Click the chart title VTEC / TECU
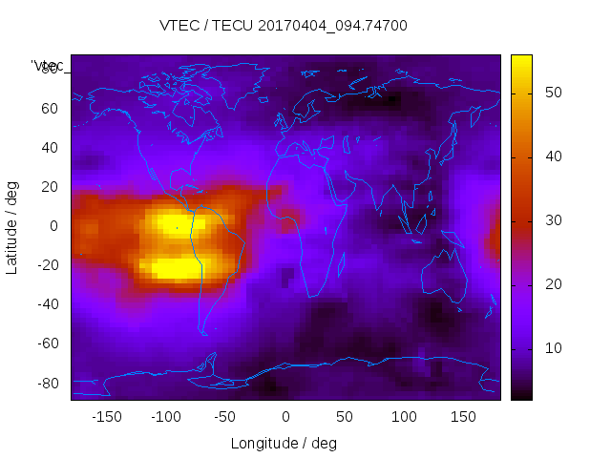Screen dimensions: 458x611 (x=284, y=26)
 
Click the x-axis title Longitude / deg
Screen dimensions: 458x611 (x=284, y=444)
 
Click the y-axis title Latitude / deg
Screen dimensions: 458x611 (x=12, y=226)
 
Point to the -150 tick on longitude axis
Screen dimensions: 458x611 (x=107, y=417)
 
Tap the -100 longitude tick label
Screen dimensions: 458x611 (x=166, y=417)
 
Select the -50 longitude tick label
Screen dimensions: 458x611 (x=225, y=417)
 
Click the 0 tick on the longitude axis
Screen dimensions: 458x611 (x=285, y=417)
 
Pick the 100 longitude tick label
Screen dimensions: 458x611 (x=404, y=417)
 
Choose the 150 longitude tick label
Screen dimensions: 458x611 (x=463, y=417)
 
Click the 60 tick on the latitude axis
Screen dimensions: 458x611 (x=51, y=108)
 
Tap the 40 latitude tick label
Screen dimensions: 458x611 (x=51, y=147)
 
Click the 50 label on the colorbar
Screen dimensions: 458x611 (x=551, y=93)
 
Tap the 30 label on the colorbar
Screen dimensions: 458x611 (x=551, y=220)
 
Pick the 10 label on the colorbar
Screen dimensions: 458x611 (x=551, y=349)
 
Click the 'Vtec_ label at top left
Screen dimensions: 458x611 (x=48, y=66)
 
